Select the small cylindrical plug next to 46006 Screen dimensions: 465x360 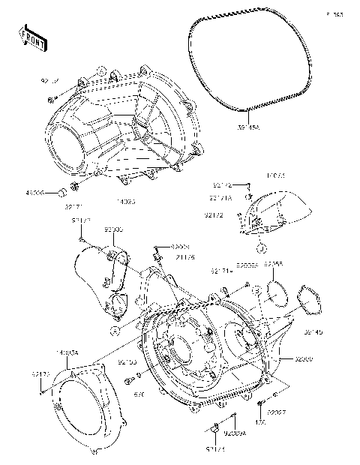tap(55, 192)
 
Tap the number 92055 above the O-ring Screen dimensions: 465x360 tap(274, 265)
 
